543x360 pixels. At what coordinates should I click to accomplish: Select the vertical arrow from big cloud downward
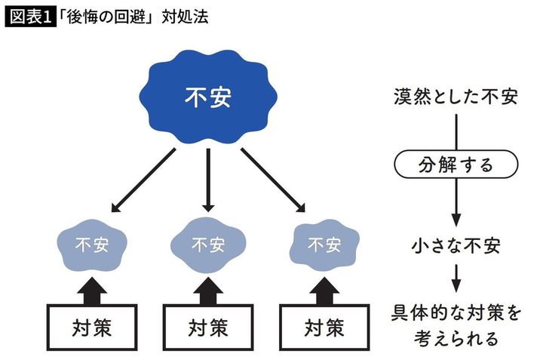pos(207,181)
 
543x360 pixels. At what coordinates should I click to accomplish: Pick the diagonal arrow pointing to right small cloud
pos(273,181)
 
